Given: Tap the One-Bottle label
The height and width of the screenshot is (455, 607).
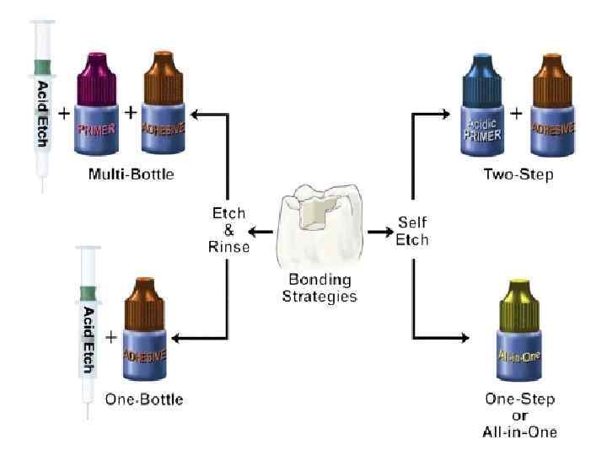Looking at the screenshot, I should pos(143,399).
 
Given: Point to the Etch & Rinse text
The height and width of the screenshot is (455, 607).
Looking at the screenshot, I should pos(228,229).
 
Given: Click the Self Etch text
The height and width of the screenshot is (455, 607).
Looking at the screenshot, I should pos(413,232).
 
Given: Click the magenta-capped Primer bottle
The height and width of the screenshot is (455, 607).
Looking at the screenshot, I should pos(99,106).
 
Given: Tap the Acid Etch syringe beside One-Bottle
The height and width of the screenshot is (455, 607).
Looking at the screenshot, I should pos(88,329).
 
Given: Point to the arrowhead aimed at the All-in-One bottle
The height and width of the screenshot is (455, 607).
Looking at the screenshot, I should pos(463,339).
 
